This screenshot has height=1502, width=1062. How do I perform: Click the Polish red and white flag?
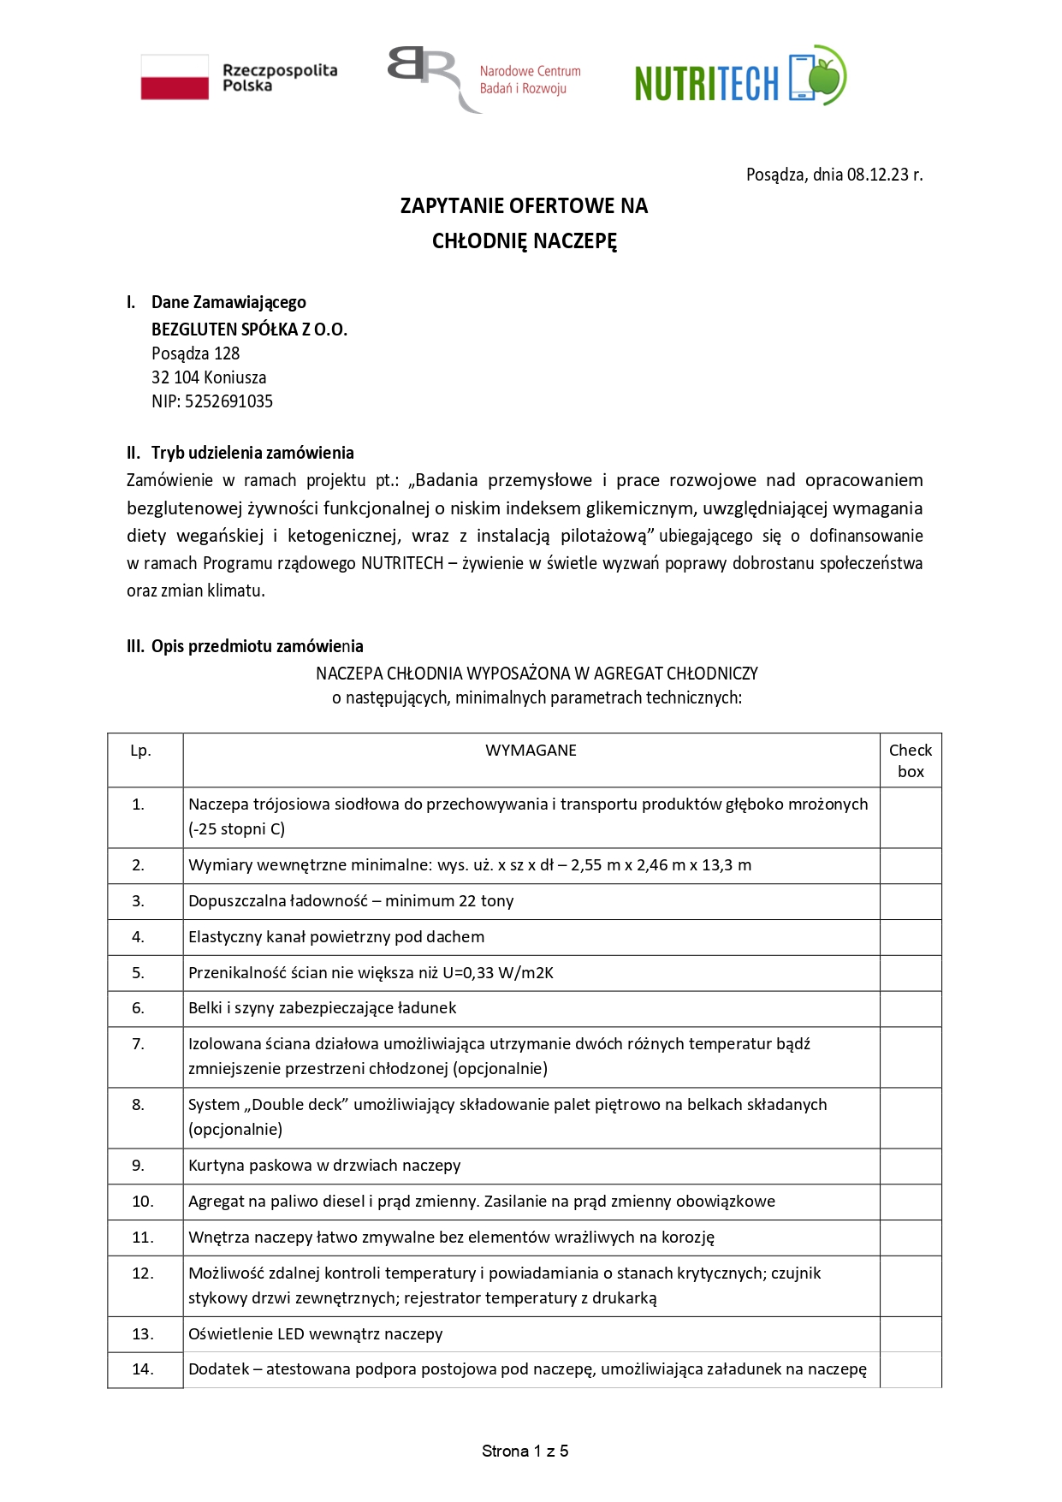point(175,77)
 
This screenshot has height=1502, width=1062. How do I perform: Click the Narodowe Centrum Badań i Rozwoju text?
point(530,80)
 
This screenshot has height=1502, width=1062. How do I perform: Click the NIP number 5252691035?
point(228,401)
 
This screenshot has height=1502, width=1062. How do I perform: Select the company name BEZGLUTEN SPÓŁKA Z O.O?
point(249,329)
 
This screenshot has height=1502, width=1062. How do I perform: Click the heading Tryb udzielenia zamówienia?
point(252,453)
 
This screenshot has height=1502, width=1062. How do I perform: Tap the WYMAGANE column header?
point(531,751)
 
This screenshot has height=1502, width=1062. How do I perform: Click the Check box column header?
point(911,760)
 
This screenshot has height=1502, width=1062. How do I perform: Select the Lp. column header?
point(140,751)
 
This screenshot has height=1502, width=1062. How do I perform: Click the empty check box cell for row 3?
point(911,901)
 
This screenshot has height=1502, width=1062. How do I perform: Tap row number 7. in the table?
point(138,1043)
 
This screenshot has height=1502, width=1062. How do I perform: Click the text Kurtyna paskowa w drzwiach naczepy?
point(324,1165)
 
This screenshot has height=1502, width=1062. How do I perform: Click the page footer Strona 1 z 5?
point(525,1451)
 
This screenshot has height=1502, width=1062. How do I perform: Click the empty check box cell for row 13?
point(911,1333)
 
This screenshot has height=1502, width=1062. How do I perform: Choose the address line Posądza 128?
point(195,353)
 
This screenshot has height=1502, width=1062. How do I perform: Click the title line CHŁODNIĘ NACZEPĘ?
point(524,240)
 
